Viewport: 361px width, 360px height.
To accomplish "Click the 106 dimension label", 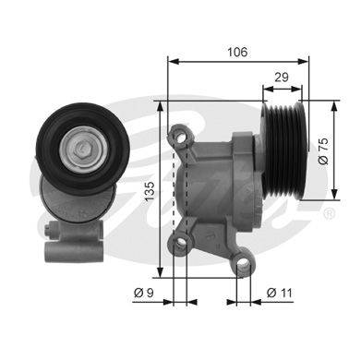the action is tap(237, 52).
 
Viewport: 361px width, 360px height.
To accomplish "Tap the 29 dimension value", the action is tap(282, 78).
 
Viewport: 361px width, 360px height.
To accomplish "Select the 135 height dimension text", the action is tap(150, 191).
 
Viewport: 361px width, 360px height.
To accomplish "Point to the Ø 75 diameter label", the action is tap(323, 150).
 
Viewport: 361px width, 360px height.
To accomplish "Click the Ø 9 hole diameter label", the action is tap(144, 293).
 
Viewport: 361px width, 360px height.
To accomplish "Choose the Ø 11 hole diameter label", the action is tap(279, 293).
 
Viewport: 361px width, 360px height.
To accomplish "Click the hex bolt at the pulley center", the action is tap(82, 149).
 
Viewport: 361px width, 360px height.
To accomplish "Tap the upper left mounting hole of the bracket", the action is tap(179, 137).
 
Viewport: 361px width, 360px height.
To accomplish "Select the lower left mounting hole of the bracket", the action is tap(181, 242).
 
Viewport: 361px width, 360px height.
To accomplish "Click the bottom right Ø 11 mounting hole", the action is tap(244, 262).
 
